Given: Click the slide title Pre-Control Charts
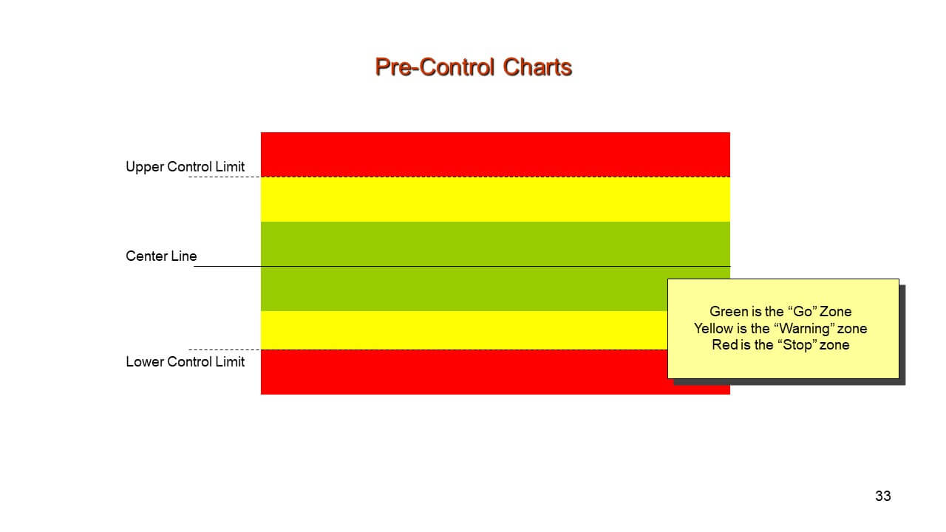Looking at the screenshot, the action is (x=474, y=67).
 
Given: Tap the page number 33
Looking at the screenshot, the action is (x=883, y=496).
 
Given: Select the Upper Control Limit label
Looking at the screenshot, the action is (x=185, y=167).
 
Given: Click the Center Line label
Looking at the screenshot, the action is (x=161, y=256).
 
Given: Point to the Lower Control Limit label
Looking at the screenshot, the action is (x=185, y=362).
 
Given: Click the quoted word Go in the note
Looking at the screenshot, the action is (x=803, y=312).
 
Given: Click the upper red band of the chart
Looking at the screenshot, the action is (x=495, y=154).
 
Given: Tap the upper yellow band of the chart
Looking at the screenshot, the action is (x=495, y=199).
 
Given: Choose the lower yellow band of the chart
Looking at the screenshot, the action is (x=463, y=330).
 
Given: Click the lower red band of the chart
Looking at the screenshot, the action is (x=463, y=372).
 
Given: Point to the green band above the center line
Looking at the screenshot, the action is (x=495, y=244).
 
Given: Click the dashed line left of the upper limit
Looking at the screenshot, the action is (x=224, y=177).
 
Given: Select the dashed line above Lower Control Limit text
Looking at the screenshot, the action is (x=224, y=349).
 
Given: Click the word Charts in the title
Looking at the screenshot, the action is (x=537, y=67).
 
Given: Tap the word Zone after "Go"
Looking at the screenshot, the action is (x=835, y=312).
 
